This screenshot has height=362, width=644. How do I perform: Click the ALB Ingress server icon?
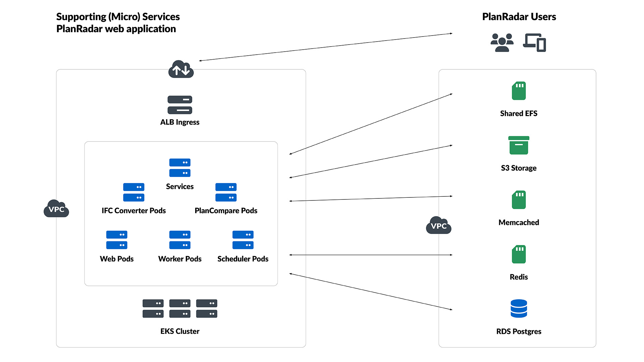[x=180, y=105]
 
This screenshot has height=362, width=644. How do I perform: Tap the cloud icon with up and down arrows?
[x=181, y=69]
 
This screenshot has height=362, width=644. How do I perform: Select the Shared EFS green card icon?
[x=519, y=91]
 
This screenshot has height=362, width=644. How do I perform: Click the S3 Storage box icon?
[x=519, y=145]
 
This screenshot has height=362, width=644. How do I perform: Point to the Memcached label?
[x=519, y=223]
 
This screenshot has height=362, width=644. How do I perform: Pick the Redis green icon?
[x=519, y=254]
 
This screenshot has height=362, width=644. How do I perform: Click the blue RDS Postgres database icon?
[x=519, y=308]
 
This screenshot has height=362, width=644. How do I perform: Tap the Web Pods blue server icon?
[x=117, y=240]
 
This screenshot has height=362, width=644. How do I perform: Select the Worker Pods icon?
[x=180, y=240]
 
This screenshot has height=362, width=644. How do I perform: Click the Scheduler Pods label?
[x=243, y=259]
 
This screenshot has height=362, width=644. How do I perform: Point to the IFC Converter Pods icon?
[x=133, y=192]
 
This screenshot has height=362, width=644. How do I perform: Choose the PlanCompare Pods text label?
[x=226, y=211]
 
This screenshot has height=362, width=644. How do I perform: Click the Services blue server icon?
[x=180, y=168]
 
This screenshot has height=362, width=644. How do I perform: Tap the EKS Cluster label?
[x=180, y=331]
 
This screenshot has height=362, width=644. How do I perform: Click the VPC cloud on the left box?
[x=56, y=209]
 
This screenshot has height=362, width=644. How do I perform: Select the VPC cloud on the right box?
[x=438, y=226]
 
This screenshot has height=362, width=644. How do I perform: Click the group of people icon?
[x=502, y=43]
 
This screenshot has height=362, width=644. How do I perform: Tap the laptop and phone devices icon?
[x=534, y=43]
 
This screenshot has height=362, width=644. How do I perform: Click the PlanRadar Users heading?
[x=519, y=17]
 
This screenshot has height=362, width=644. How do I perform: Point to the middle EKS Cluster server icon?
[x=180, y=308]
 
